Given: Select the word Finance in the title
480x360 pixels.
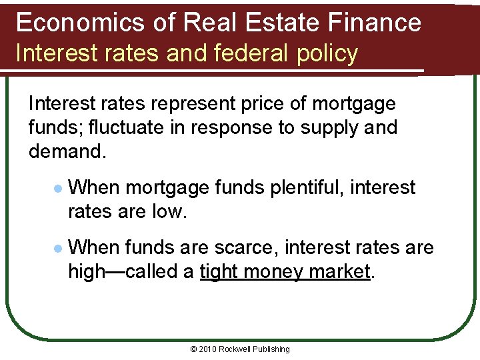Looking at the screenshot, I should pos(378,23).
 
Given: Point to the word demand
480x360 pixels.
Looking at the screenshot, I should pos(64,151).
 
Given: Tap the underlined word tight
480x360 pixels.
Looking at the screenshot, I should pos(219,271).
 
